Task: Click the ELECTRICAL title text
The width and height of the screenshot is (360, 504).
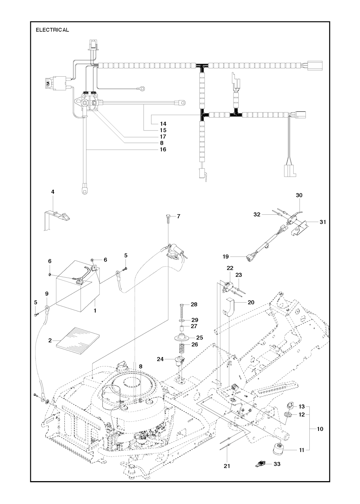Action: [x=52, y=30]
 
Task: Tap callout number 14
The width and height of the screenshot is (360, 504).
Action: [x=163, y=124]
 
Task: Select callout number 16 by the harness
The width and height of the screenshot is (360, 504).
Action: [x=163, y=149]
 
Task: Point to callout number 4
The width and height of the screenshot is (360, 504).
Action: [x=53, y=192]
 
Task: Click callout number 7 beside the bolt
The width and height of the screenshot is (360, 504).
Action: [x=178, y=216]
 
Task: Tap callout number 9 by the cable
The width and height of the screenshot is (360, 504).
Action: [x=47, y=293]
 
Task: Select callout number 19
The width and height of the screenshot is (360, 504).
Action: [x=225, y=257]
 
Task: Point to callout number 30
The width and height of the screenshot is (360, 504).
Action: [x=299, y=195]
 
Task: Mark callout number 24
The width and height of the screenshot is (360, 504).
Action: [x=160, y=359]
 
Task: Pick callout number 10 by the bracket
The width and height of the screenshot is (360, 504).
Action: [x=320, y=429]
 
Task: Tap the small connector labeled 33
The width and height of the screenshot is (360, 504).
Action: [x=261, y=464]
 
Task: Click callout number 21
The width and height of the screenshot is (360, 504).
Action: [x=227, y=466]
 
